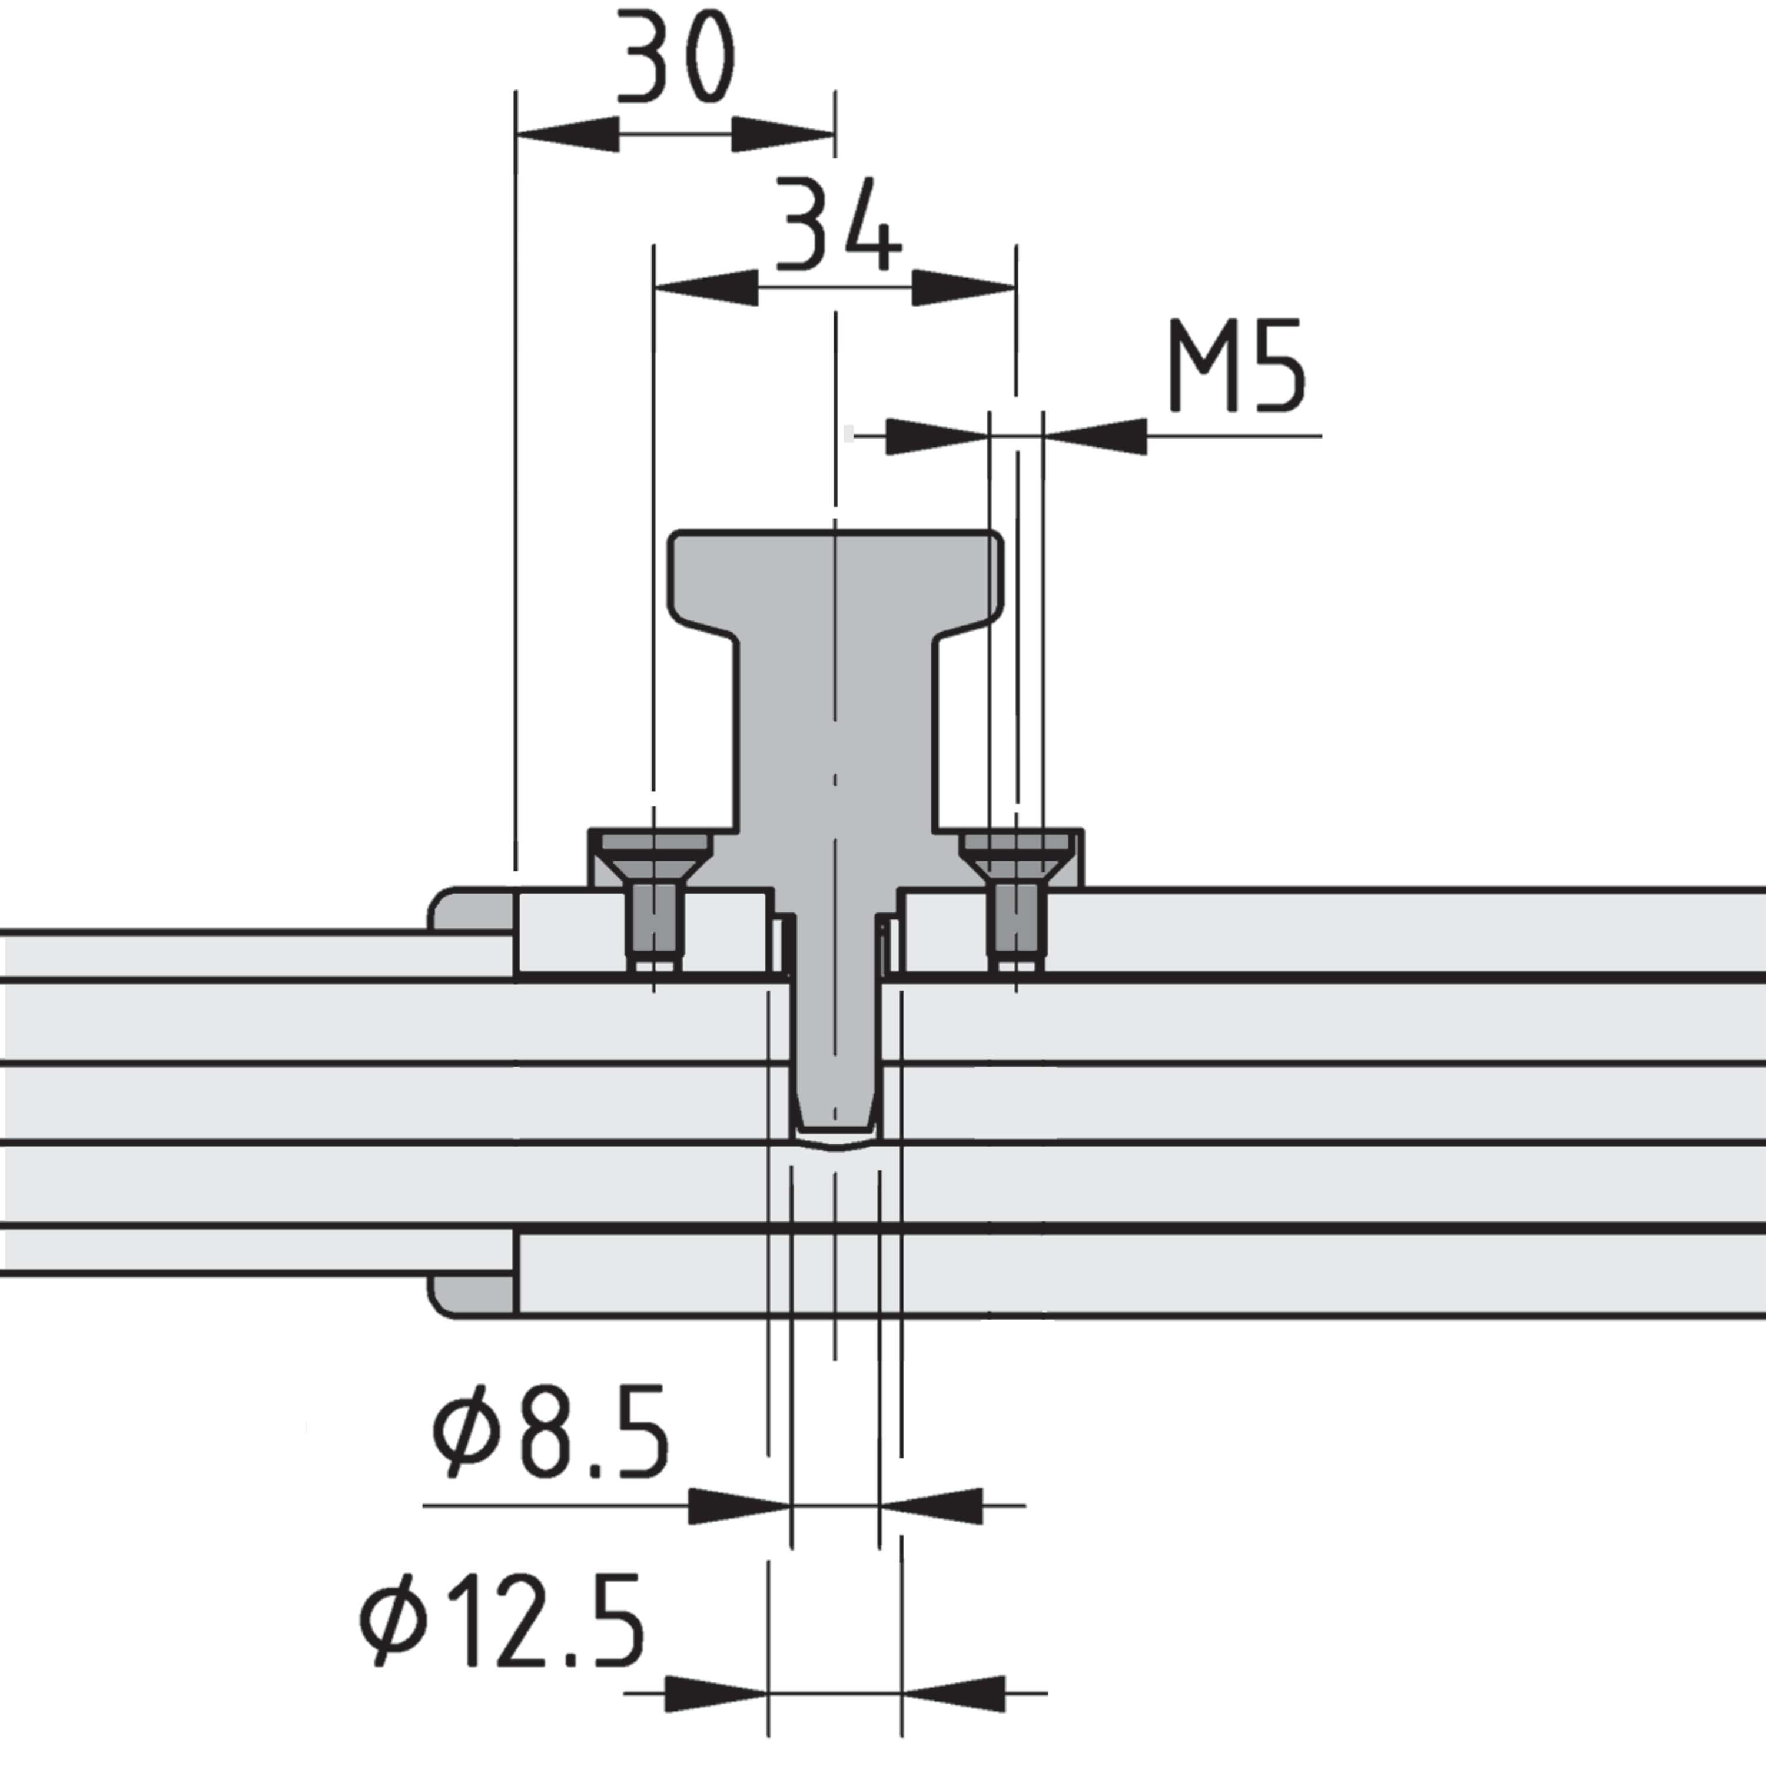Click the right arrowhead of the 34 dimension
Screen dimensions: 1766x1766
tap(964, 288)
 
